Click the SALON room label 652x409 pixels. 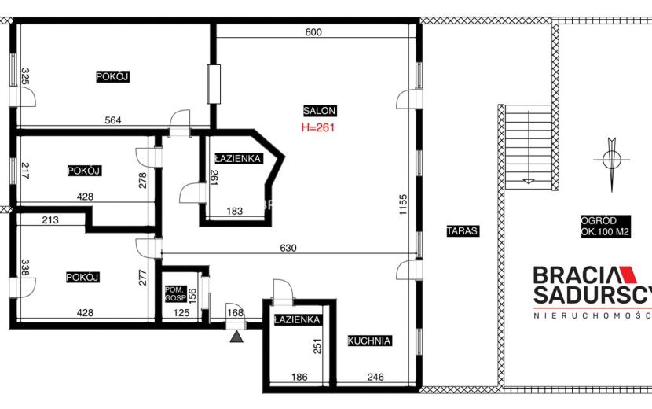(320, 111)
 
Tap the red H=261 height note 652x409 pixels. (318, 127)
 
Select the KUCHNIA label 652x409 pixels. (369, 341)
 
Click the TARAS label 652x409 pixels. (463, 230)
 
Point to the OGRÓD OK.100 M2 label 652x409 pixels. (606, 227)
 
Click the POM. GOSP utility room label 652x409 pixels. (175, 293)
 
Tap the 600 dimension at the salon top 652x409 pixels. (313, 32)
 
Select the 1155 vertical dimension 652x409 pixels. (403, 205)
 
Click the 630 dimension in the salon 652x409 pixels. (288, 249)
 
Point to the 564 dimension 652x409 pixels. (113, 120)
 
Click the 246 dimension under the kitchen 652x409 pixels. (375, 377)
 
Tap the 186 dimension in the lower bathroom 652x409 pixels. (299, 377)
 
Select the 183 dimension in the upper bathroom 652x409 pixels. (235, 211)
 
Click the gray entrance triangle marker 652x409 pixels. (236, 337)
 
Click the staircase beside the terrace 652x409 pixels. (528, 146)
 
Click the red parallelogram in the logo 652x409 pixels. (627, 275)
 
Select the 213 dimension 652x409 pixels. (50, 220)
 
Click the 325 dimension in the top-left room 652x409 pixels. (25, 76)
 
